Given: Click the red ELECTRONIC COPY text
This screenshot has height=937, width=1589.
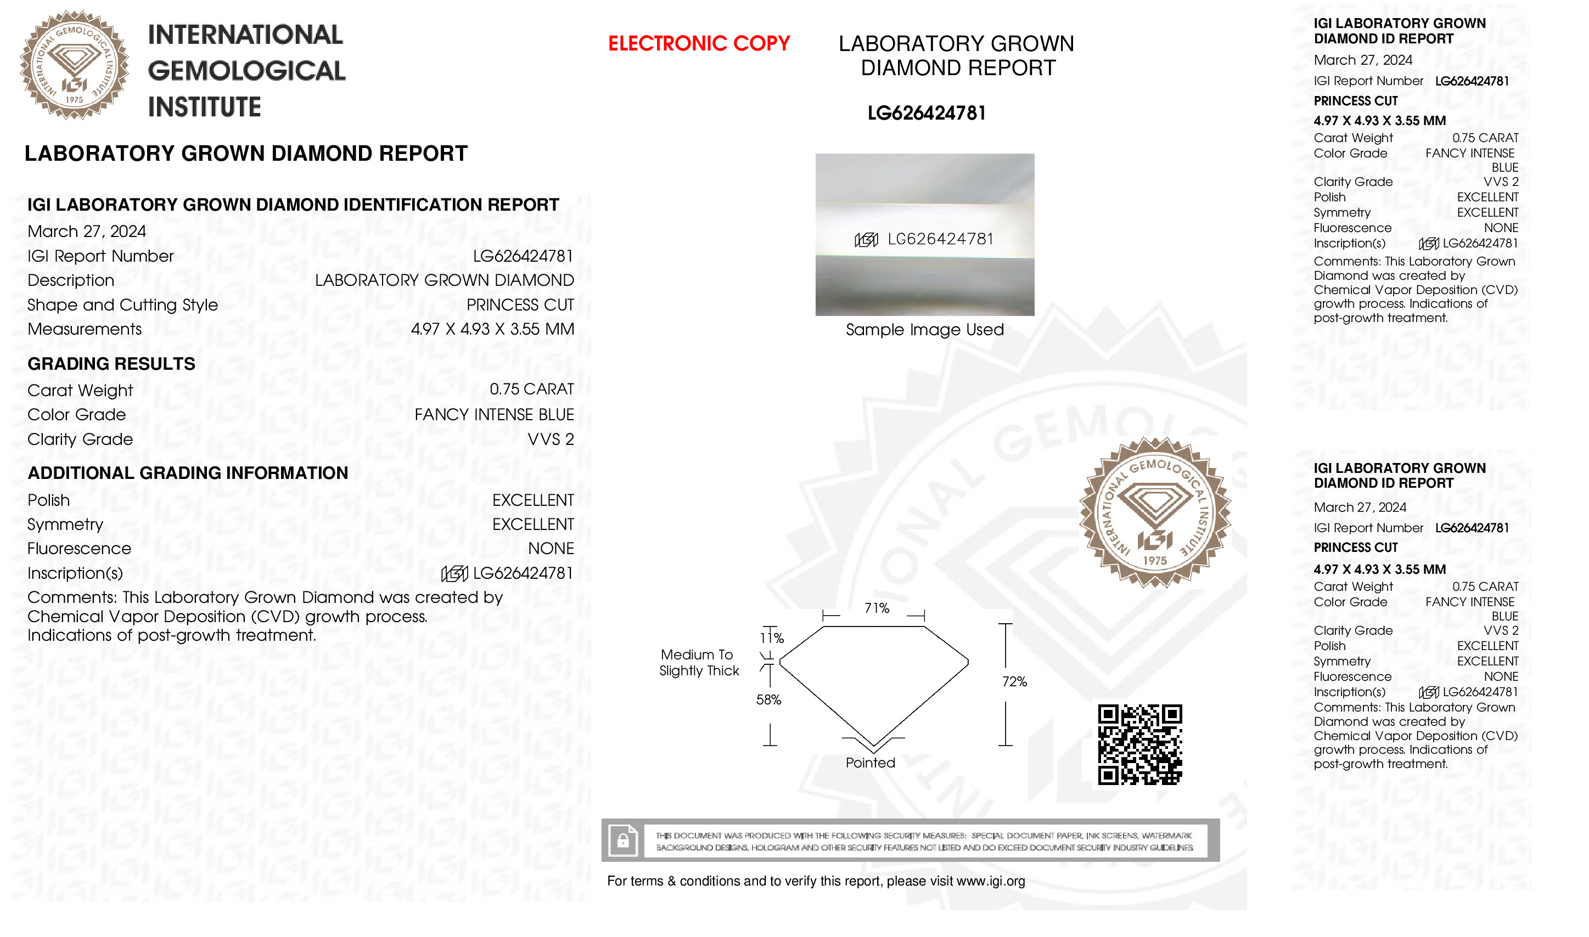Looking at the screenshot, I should click(699, 43).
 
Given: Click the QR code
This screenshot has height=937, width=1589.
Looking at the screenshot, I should click(1139, 744).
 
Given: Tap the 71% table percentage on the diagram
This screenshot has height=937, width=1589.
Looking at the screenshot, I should click(877, 608).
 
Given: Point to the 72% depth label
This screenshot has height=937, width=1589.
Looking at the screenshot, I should click(1014, 682).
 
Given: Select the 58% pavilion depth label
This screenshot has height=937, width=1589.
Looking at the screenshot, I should click(768, 699).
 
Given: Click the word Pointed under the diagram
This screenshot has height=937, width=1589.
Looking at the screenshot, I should click(871, 763).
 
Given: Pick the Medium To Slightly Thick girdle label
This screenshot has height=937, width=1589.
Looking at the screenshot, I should click(699, 663).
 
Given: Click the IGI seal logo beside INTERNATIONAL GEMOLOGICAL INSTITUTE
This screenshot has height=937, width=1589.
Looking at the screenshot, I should click(75, 65).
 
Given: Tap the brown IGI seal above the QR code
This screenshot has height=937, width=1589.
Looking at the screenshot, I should click(1154, 513).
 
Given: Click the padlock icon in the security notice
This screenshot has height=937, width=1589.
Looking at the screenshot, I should click(623, 840).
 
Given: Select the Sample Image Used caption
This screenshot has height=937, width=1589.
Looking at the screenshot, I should click(925, 330).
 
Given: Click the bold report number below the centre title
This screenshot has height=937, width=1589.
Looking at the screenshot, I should click(926, 114).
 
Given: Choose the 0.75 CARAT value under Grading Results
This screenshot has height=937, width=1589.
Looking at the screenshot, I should click(531, 390).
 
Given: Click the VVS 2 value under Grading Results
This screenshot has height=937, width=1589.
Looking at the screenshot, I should click(551, 439).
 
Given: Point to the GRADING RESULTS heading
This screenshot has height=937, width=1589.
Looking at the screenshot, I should click(111, 364).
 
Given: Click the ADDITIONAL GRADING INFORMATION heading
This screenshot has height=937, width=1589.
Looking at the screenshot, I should click(188, 473).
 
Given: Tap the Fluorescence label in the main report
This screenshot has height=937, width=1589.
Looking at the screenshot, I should click(79, 549).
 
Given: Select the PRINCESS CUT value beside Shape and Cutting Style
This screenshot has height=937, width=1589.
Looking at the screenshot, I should click(520, 305).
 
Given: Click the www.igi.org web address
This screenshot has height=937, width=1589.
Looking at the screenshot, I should click(990, 882).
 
